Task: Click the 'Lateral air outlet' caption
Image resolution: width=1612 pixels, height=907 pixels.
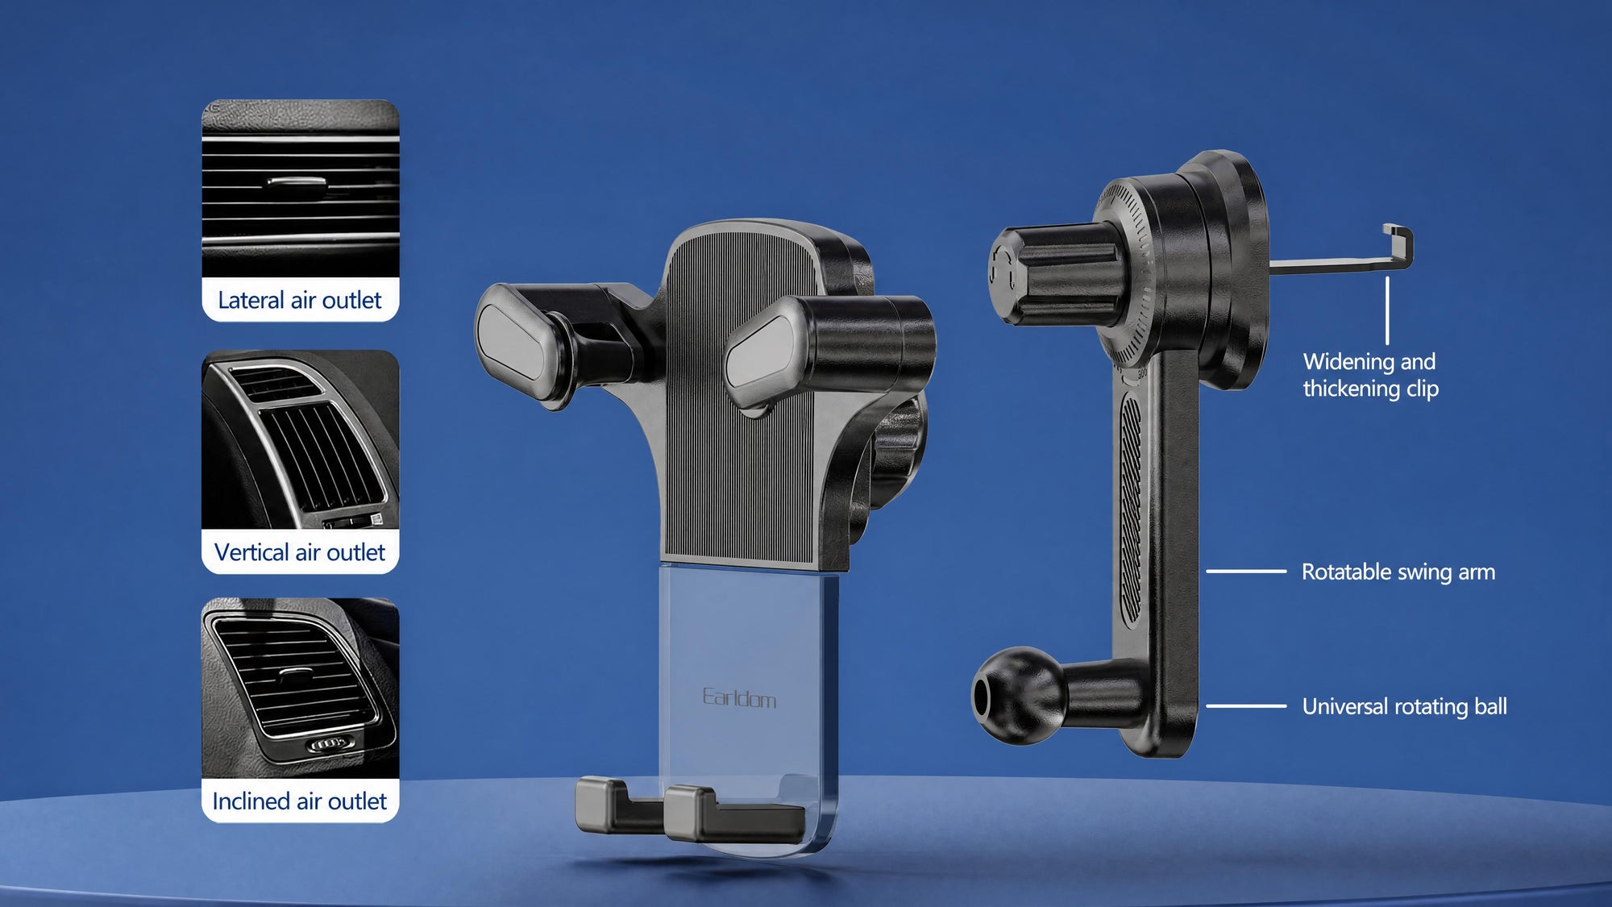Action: [300, 300]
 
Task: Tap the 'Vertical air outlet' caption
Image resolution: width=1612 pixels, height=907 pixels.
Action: [300, 552]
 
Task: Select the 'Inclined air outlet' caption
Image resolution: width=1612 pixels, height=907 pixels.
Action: [300, 801]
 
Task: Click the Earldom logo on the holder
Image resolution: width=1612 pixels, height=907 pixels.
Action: [739, 697]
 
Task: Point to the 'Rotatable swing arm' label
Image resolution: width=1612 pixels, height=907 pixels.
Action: [1398, 572]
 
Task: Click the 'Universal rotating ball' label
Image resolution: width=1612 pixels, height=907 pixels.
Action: [1404, 706]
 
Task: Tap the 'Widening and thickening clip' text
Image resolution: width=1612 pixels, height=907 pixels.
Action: [1370, 375]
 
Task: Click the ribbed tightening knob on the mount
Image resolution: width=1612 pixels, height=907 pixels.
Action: [1056, 274]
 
